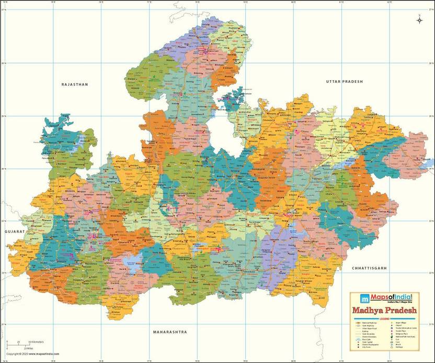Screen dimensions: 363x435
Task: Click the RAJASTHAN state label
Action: coord(75,84)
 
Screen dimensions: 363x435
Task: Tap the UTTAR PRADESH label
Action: coord(344,82)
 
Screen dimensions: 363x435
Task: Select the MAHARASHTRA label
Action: coord(170,332)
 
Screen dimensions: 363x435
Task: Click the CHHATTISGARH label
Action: coord(369,268)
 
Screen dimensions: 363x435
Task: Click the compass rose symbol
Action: coord(419,20)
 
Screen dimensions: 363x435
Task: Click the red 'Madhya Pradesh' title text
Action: coord(385,310)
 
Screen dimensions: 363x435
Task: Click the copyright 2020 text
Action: coord(28,354)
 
